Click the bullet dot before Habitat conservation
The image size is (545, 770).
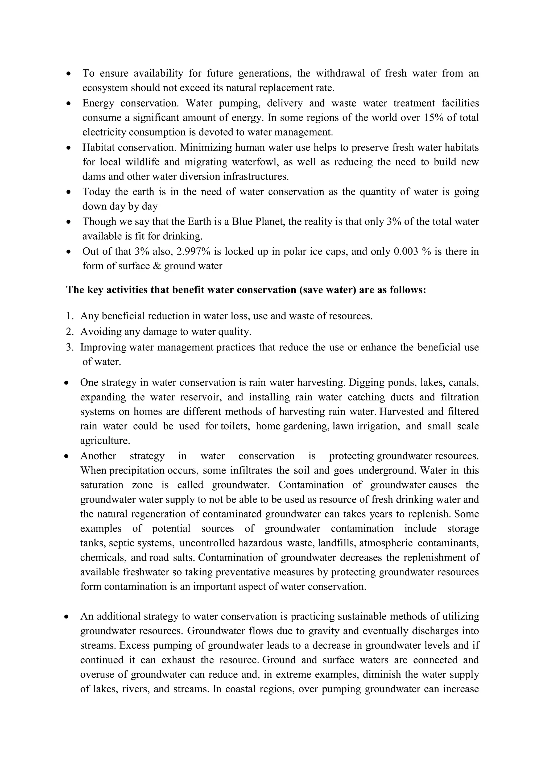69,148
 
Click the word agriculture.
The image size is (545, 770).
104,441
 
